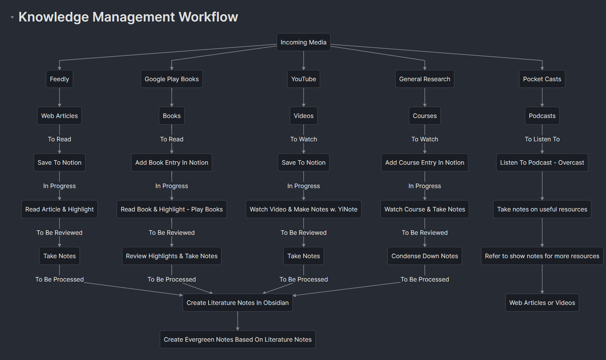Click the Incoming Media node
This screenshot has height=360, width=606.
pyautogui.click(x=303, y=42)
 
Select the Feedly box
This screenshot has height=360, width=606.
pyautogui.click(x=59, y=79)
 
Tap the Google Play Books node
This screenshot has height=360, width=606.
pyautogui.click(x=172, y=79)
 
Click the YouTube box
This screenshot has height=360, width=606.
pyautogui.click(x=303, y=79)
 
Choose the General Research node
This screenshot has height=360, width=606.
pyautogui.click(x=425, y=79)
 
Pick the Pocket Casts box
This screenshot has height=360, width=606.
pyautogui.click(x=542, y=79)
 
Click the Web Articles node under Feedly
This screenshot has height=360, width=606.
pyautogui.click(x=59, y=116)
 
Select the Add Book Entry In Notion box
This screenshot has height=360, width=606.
pyautogui.click(x=172, y=162)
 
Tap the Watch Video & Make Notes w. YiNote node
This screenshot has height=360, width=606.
pyautogui.click(x=303, y=209)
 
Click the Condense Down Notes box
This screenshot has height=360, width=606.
pyautogui.click(x=425, y=256)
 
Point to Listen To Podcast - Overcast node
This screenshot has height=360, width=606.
pyautogui.click(x=542, y=162)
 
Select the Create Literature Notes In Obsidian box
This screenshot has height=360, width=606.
pyautogui.click(x=238, y=302)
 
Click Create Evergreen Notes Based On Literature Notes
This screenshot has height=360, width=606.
pyautogui.click(x=238, y=339)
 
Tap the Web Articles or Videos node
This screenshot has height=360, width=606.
pyautogui.click(x=542, y=302)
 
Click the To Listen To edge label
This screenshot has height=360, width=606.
pyautogui.click(x=542, y=139)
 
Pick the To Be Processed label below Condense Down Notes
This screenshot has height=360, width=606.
pyautogui.click(x=425, y=279)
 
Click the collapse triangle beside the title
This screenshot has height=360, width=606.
pyautogui.click(x=12, y=18)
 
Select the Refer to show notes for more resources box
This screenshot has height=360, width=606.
pyautogui.click(x=542, y=256)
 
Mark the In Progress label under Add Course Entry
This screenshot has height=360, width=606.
pyautogui.click(x=425, y=186)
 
